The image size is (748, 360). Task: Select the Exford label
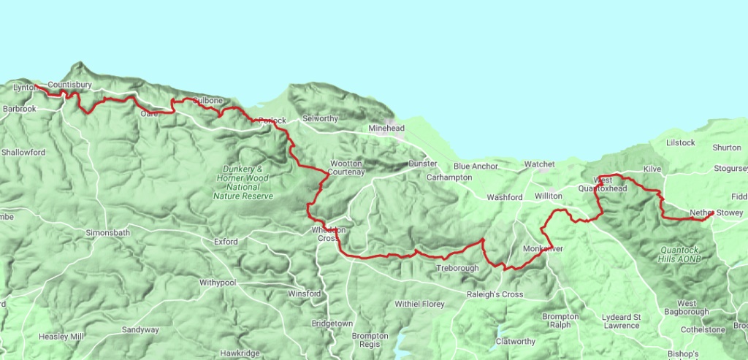(226, 240)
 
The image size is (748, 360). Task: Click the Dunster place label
(423, 164)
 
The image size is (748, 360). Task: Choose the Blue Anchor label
(475, 166)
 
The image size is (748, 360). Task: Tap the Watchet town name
(540, 164)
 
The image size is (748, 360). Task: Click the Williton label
(549, 196)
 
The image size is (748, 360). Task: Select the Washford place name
(505, 197)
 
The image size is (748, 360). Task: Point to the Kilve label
(652, 169)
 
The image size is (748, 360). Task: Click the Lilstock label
(680, 142)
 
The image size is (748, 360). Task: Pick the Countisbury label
(69, 85)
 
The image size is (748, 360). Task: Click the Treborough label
(457, 268)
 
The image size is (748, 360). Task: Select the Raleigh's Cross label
(495, 294)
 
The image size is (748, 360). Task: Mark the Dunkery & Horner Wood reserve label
(243, 182)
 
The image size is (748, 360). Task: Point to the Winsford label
(305, 294)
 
